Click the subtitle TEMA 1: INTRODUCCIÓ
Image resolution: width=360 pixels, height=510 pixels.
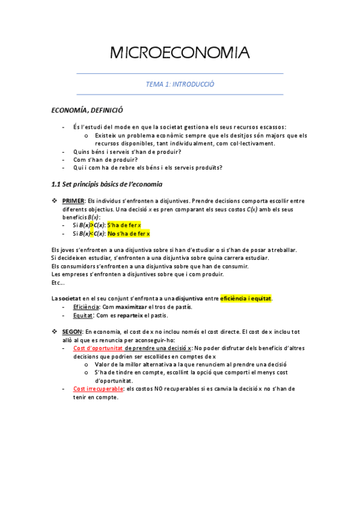tap(180, 84)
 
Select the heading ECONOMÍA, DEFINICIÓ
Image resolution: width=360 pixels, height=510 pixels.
tap(87, 110)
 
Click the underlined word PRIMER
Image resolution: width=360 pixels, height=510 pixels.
tap(73, 200)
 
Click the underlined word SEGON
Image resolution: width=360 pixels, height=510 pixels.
tap(73, 331)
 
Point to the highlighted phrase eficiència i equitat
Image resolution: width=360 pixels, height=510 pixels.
tap(246, 298)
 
